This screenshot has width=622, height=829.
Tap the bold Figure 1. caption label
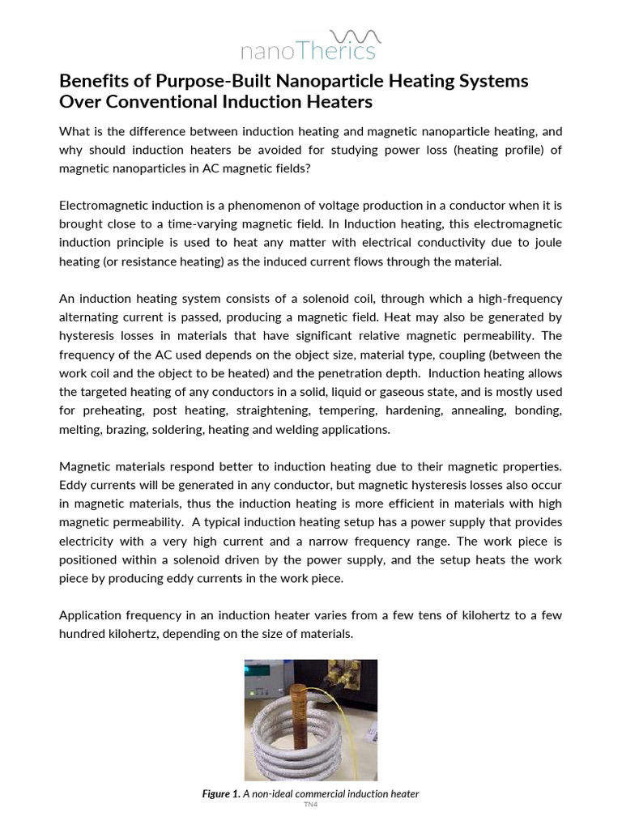[222, 794]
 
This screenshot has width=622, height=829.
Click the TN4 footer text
[310, 806]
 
